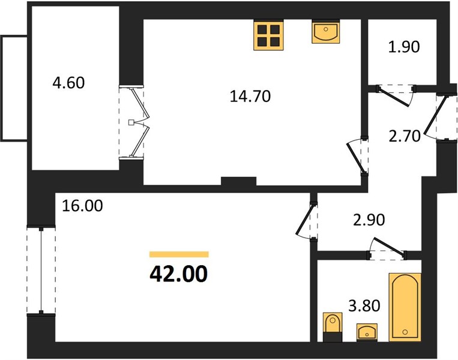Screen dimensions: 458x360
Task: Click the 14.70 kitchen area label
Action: tap(250, 97)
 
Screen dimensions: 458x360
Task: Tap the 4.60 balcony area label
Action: tap(68, 83)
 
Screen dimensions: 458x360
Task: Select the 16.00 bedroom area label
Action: tap(83, 206)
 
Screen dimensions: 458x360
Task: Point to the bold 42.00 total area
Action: tap(178, 274)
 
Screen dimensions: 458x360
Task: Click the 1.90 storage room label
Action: tap(404, 47)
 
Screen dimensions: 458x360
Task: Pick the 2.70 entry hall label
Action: tap(405, 136)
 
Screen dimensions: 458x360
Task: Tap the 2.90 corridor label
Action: tap(369, 220)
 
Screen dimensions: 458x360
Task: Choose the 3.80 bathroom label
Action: tap(364, 305)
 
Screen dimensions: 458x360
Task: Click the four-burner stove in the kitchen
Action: tap(269, 35)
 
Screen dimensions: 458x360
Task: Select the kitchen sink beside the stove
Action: tap(326, 32)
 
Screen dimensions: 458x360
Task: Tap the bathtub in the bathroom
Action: tap(405, 307)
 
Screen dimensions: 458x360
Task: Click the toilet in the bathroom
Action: tap(333, 327)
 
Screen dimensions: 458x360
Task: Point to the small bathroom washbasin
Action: tap(367, 332)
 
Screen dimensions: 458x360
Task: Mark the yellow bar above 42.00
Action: tap(179, 254)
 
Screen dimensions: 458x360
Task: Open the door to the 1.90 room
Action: tap(396, 95)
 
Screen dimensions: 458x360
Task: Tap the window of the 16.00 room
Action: tap(41, 270)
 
